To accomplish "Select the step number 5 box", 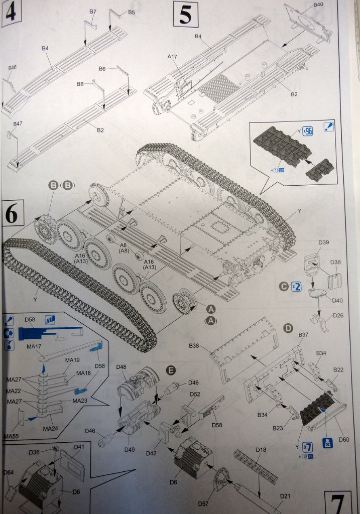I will (x=185, y=15).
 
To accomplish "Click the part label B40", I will (x=318, y=5).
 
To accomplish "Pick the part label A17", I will (x=173, y=57).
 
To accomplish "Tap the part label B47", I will (x=18, y=123).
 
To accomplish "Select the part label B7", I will (x=92, y=11).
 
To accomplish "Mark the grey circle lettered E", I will (x=171, y=371).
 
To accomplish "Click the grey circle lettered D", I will (x=288, y=328).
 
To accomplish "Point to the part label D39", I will (x=324, y=243).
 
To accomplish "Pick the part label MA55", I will (x=11, y=435).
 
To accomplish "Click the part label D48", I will (x=121, y=367).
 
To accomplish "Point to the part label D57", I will (x=216, y=503).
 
